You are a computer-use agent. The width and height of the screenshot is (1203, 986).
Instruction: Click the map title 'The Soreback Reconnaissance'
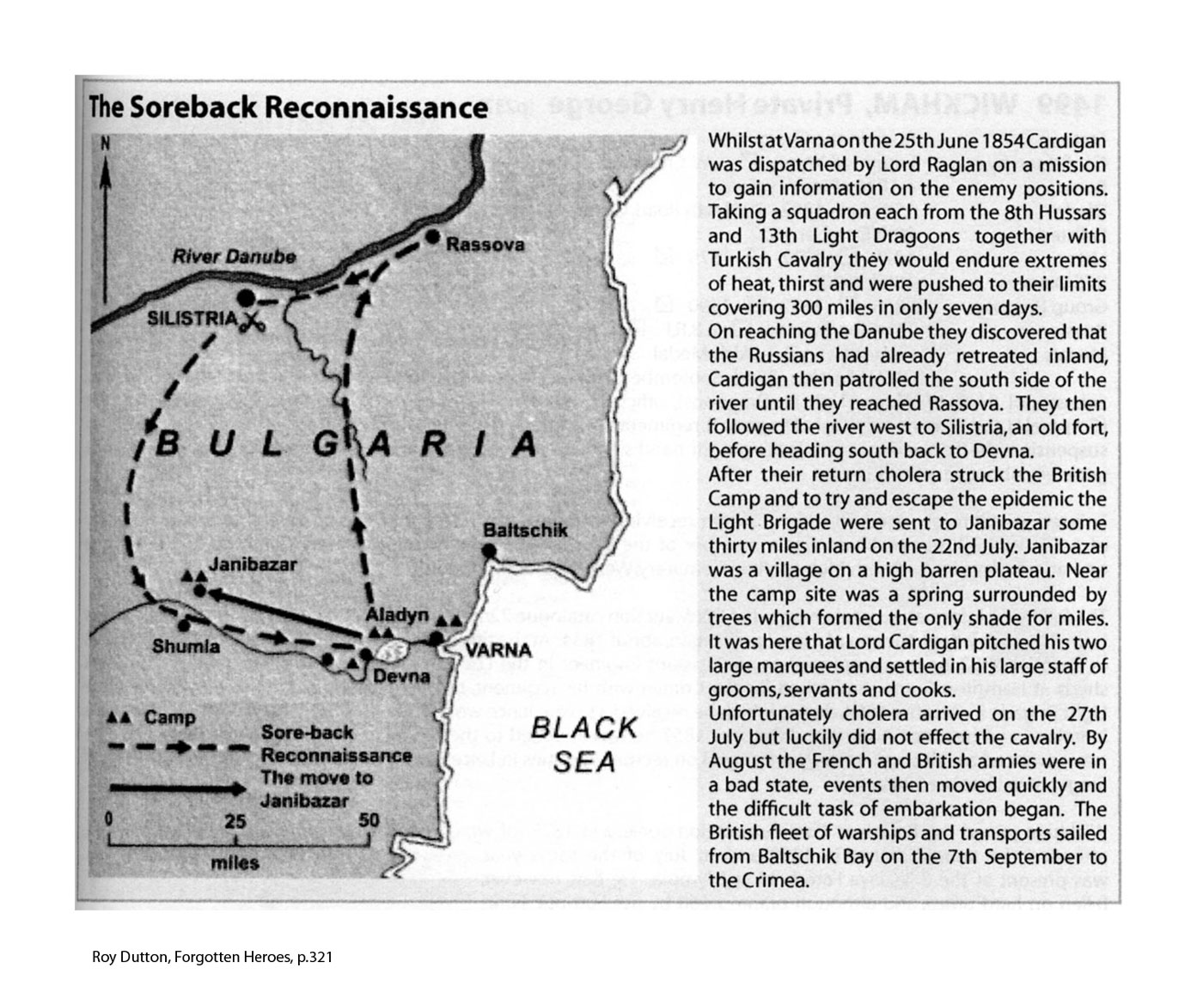coord(289,107)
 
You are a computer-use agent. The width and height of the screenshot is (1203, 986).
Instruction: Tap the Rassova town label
coord(485,246)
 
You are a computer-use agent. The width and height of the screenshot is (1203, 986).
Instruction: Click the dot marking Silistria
coord(246,298)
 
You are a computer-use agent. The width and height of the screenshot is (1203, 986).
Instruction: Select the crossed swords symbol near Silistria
coord(252,322)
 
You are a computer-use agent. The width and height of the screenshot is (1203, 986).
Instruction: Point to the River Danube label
coord(234,256)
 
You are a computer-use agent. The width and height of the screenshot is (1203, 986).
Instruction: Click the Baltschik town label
coord(525,530)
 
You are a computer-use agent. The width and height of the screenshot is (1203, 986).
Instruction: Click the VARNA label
coord(498,650)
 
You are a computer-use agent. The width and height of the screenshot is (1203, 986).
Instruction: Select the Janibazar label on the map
coord(253,564)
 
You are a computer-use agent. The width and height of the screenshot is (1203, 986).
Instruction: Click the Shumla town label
coord(186,646)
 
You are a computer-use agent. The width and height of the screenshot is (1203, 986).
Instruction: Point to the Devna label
coord(401,676)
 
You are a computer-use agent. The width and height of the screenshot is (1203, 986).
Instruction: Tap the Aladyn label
coord(396,615)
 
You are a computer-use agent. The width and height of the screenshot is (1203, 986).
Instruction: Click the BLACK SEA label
coord(584,744)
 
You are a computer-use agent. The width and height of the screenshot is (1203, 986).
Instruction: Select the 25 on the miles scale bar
coord(235,821)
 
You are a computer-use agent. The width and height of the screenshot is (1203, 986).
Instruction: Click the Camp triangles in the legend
coord(119,717)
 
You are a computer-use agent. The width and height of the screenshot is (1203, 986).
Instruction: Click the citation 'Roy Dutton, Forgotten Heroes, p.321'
coord(212,957)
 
